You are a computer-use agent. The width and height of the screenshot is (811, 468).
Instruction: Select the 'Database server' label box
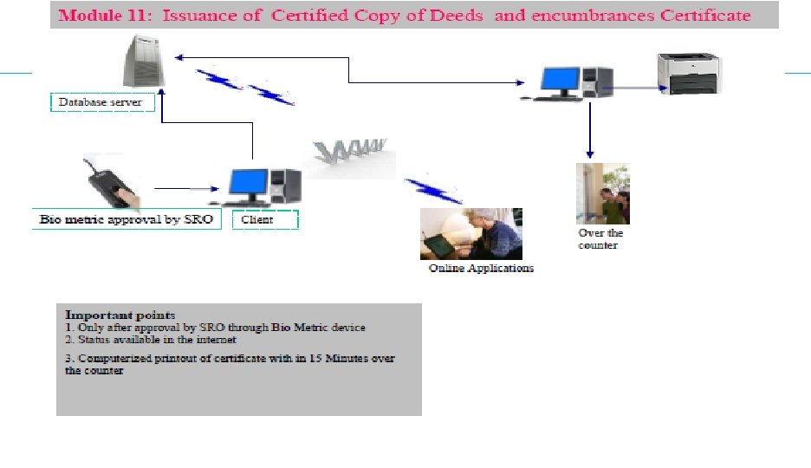pyautogui.click(x=102, y=102)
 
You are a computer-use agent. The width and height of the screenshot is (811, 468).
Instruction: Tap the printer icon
pyautogui.click(x=689, y=72)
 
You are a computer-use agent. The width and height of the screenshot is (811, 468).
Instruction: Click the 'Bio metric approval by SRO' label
pyautogui.click(x=126, y=219)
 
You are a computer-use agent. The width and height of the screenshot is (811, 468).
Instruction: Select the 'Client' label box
pyautogui.click(x=265, y=220)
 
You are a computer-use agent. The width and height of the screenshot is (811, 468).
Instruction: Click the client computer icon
pyautogui.click(x=263, y=185)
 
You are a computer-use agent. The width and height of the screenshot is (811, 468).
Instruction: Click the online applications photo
pyautogui.click(x=470, y=233)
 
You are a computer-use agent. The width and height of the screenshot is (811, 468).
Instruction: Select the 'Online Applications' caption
pyautogui.click(x=482, y=269)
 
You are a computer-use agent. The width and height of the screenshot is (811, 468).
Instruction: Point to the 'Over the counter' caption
pyautogui.click(x=600, y=239)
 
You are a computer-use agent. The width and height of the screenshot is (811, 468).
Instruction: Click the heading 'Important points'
pyautogui.click(x=120, y=315)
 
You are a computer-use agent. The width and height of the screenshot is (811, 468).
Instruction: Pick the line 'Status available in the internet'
pyautogui.click(x=152, y=340)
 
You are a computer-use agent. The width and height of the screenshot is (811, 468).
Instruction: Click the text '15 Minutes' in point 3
pyautogui.click(x=347, y=358)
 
